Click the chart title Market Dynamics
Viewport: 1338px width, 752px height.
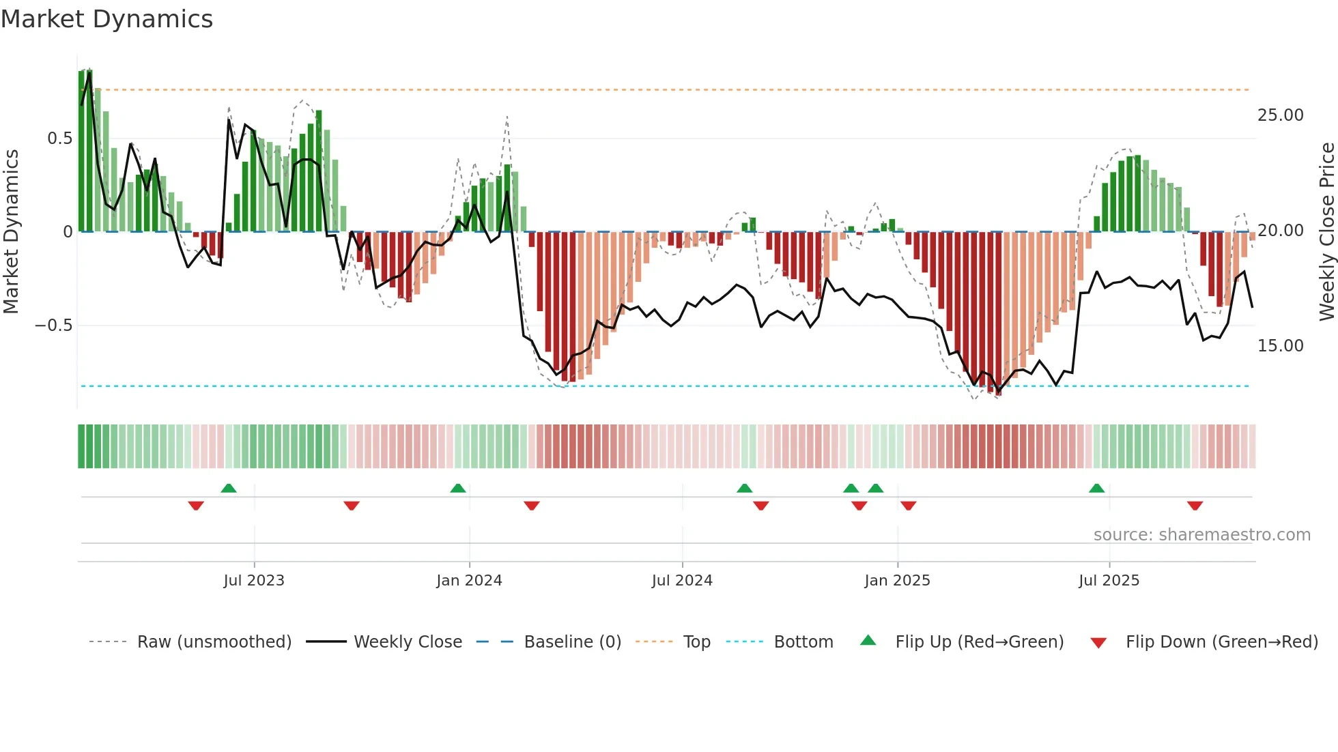click(x=106, y=19)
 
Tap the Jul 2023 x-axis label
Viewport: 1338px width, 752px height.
click(x=253, y=580)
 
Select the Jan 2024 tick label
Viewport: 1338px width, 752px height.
click(x=469, y=580)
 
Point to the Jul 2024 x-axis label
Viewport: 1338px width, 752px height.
click(x=682, y=580)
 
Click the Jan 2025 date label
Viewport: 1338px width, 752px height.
click(x=897, y=580)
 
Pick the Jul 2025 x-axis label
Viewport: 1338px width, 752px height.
click(x=1109, y=580)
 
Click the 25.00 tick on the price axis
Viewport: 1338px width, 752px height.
click(x=1280, y=115)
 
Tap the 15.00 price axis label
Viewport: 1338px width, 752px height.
click(x=1280, y=345)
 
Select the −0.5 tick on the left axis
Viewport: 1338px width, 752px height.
click(x=53, y=325)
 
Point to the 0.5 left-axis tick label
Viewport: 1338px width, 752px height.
click(x=59, y=139)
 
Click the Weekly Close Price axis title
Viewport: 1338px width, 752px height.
click(x=1326, y=231)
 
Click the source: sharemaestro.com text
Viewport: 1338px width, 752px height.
click(x=1201, y=534)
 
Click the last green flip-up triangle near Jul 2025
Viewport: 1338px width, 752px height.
click(x=1096, y=489)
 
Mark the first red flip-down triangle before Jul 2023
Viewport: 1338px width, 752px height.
click(x=196, y=506)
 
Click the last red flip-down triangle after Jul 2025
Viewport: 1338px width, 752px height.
click(x=1195, y=506)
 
